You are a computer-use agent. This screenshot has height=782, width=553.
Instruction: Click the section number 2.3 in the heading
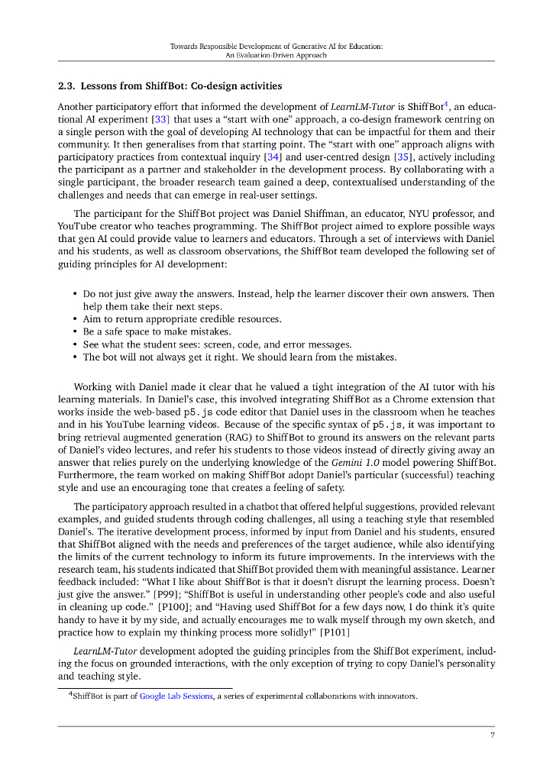tap(66, 86)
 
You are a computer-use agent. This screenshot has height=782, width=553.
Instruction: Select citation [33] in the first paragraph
tap(160, 119)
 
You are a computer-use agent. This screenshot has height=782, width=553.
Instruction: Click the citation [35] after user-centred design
tap(406, 157)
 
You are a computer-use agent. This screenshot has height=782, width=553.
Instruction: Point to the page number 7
tap(493, 735)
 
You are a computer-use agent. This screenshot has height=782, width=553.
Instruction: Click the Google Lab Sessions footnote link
tap(176, 696)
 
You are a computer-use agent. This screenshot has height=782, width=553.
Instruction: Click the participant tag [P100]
tap(173, 606)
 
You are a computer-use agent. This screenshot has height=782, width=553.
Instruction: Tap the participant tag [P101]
tap(337, 632)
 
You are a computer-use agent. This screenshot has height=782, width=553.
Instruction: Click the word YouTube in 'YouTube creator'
tap(76, 226)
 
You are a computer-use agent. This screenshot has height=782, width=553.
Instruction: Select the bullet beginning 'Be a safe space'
tap(145, 331)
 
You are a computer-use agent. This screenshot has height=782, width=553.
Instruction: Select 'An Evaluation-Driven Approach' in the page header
tap(276, 55)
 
